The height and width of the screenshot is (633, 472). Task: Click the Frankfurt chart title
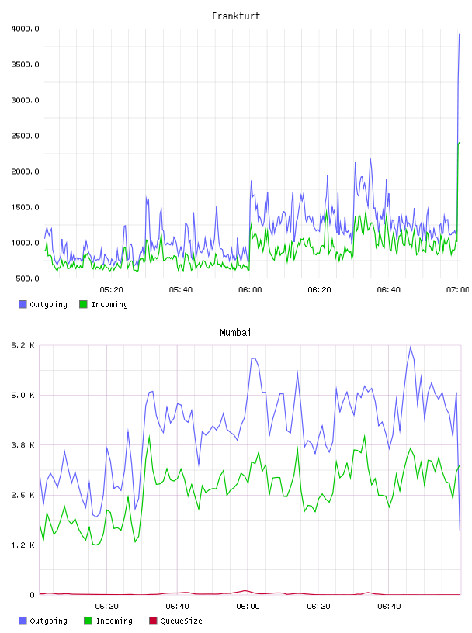(236, 16)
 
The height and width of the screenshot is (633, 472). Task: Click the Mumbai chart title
(235, 332)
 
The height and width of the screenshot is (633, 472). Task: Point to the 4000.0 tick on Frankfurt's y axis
(25, 29)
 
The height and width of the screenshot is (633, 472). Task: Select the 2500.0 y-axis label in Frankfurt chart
(25, 136)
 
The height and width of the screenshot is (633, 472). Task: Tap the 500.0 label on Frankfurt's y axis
(27, 278)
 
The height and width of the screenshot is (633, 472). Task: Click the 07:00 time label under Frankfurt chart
(457, 290)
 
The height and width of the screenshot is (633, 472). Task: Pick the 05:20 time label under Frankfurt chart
(111, 290)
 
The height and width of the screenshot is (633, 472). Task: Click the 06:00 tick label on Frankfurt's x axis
(250, 290)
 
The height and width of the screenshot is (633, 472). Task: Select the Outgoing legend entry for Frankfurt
(43, 304)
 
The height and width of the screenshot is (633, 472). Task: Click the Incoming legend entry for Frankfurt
(103, 304)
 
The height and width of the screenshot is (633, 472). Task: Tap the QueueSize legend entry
(175, 621)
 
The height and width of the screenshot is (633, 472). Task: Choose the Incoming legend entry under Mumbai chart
(108, 621)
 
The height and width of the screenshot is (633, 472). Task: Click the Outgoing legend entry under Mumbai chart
(43, 621)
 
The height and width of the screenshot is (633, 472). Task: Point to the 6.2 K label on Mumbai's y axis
(23, 345)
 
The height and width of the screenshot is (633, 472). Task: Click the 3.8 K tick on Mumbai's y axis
(23, 445)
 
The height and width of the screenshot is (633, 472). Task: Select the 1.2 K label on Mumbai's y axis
(23, 545)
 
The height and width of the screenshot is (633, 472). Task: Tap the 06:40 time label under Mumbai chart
(389, 607)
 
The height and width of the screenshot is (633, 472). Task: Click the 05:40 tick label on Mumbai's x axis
(177, 607)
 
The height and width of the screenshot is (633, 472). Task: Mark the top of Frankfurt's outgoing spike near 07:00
(460, 34)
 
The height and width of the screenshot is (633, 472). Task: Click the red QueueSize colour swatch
(153, 621)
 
